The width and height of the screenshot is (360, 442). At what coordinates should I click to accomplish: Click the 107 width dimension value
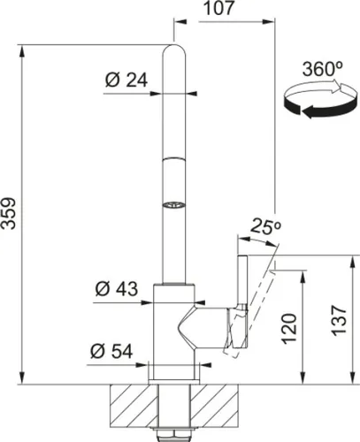pos(217,10)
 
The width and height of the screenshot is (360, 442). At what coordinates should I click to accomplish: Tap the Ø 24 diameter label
pos(124,80)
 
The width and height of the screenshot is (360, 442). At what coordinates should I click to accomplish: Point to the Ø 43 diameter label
pos(114,289)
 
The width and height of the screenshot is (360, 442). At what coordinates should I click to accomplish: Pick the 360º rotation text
pos(321,68)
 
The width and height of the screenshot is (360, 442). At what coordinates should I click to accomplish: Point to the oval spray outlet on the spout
pos(173,205)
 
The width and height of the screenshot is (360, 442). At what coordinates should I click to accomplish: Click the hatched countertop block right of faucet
pos(219,404)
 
